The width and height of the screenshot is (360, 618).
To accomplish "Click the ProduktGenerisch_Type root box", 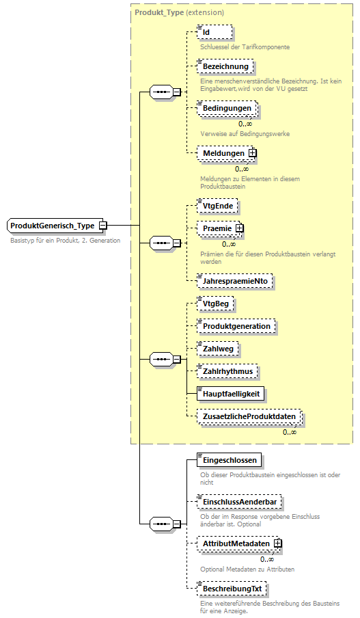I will coord(53,225).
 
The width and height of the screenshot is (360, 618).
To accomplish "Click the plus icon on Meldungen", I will coord(252,153).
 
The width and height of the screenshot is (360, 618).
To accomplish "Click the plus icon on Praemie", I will coord(240,228).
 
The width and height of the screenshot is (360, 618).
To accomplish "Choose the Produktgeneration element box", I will coord(236,326).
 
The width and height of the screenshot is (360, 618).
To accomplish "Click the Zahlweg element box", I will coord(218,349).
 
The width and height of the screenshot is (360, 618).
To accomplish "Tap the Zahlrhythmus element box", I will coord(227,371).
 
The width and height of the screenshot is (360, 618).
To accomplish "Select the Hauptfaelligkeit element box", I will coord(230,394).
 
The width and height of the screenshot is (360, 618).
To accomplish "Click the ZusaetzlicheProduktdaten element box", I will coord(248,416).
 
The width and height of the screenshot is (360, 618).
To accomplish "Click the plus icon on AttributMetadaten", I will coord(278,543).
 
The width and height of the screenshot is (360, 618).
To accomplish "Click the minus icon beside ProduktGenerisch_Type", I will coord(102,225).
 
